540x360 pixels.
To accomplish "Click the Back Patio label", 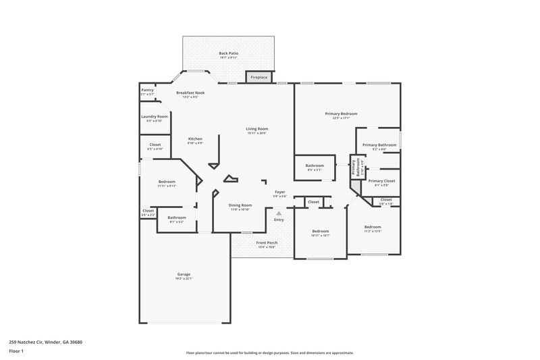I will (228, 53).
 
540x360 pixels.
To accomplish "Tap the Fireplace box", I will (259, 78).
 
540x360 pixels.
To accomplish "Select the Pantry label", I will (147, 90).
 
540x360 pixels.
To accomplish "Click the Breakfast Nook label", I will (190, 93).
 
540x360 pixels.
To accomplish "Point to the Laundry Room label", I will (154, 116).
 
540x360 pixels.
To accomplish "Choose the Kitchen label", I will (195, 138).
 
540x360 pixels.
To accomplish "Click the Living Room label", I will (256, 128).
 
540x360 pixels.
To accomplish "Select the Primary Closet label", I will (381, 180).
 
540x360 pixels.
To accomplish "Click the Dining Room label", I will (240, 205).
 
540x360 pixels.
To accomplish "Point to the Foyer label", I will (279, 192).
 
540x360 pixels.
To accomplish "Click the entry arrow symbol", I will (278, 213).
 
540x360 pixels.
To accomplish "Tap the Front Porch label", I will (267, 242).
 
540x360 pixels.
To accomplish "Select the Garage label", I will (184, 274).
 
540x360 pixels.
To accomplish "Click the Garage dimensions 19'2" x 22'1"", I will (184, 278).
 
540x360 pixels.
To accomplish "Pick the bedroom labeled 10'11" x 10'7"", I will (320, 231).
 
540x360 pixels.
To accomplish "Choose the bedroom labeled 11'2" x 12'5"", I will (373, 227).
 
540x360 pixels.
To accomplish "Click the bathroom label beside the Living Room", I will (315, 165).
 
